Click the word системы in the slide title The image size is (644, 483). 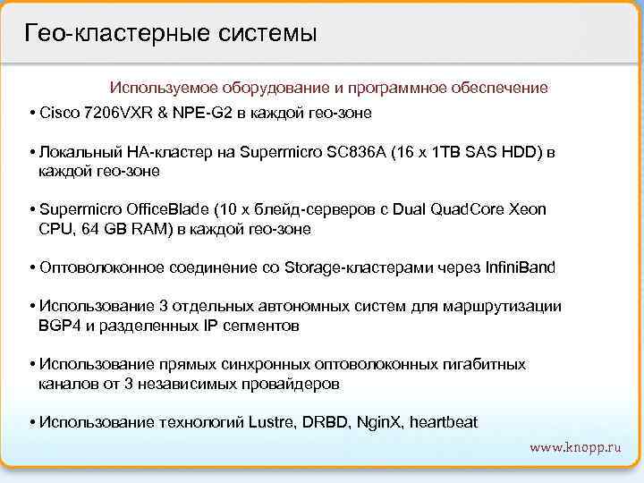click(267, 34)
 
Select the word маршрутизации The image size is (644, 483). click(510, 306)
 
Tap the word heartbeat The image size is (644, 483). click(444, 421)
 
